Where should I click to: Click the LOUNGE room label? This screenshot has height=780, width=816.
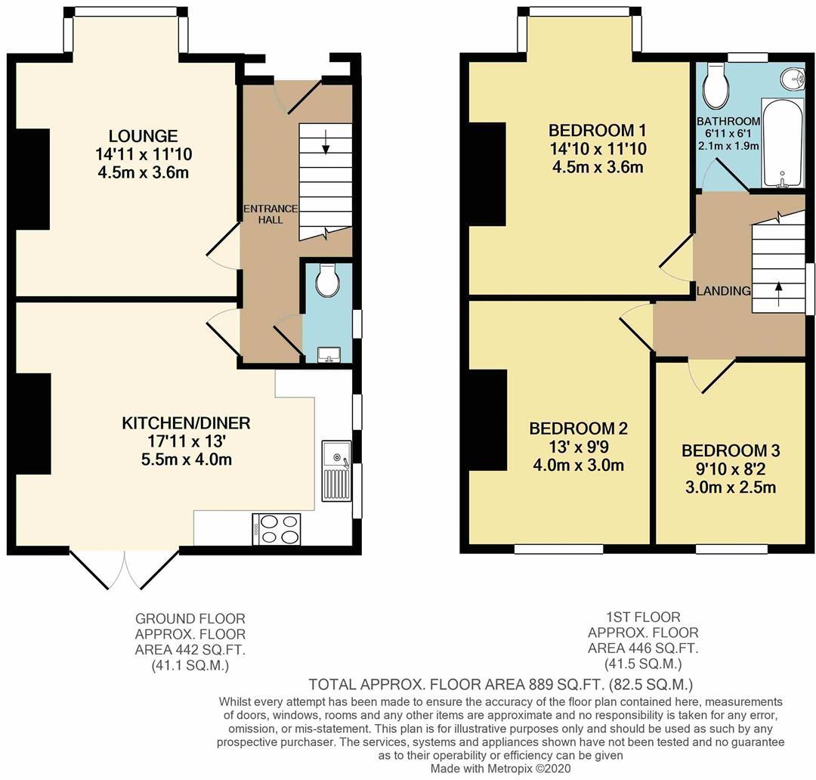pos(132,136)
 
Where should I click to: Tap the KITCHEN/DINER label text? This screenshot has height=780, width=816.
pos(186,422)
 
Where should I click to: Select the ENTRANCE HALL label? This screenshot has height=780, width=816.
pos(270,214)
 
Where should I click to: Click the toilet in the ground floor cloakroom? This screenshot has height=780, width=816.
pos(328,281)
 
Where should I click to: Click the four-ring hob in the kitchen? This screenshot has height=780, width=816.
pos(277,528)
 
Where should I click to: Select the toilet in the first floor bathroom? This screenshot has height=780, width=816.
pos(714,87)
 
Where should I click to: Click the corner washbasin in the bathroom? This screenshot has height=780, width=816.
pos(791,78)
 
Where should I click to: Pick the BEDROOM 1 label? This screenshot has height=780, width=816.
pos(598,128)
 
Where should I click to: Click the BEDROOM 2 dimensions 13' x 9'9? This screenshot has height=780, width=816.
pos(578,447)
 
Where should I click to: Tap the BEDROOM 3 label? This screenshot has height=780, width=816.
pos(731,451)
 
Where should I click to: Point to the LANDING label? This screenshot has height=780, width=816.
pos(723,291)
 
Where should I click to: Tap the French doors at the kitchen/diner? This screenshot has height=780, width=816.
pos(125,568)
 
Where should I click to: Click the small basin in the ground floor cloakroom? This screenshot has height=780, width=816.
pos(329,354)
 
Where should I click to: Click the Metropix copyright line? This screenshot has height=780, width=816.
pos(500,768)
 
